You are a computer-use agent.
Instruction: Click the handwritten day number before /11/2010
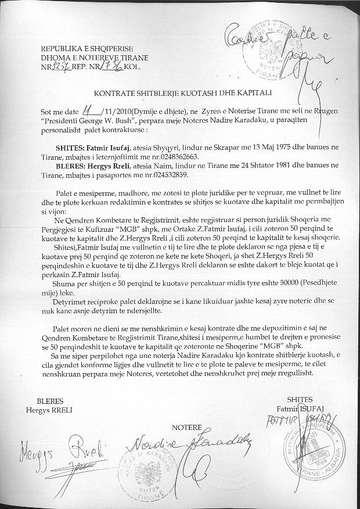point(88,108)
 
